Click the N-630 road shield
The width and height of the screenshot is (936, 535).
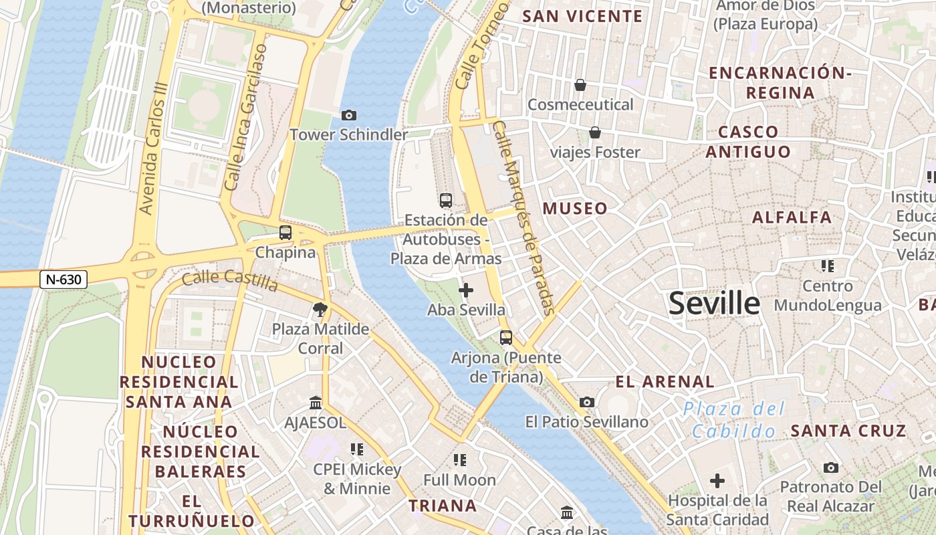coord(64,280)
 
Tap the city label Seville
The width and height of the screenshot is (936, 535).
coord(714,304)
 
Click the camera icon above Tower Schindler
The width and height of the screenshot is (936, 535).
coord(348,116)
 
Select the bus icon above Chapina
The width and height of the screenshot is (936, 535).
coord(285,233)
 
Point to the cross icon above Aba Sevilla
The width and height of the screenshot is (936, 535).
coord(466,290)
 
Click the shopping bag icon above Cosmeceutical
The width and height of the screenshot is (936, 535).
coord(580,85)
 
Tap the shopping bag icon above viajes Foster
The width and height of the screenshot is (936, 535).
coord(594,132)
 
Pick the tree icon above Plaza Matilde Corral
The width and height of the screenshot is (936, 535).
coord(320,310)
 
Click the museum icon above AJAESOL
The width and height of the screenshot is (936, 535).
coord(316,403)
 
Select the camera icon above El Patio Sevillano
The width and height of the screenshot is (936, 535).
coord(587,402)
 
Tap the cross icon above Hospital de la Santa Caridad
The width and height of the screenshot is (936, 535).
coord(717,481)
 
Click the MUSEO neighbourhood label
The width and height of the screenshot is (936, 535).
coord(575,209)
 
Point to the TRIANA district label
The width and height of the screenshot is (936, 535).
coord(443,506)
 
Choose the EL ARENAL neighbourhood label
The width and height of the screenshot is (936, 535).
coord(665,382)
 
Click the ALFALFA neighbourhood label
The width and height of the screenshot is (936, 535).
coord(792,217)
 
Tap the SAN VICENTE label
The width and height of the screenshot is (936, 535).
coord(582,17)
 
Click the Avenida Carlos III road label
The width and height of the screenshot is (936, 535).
coord(153,157)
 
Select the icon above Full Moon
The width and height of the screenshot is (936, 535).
coord(459,459)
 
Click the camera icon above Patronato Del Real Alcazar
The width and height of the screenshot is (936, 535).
coord(830,467)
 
